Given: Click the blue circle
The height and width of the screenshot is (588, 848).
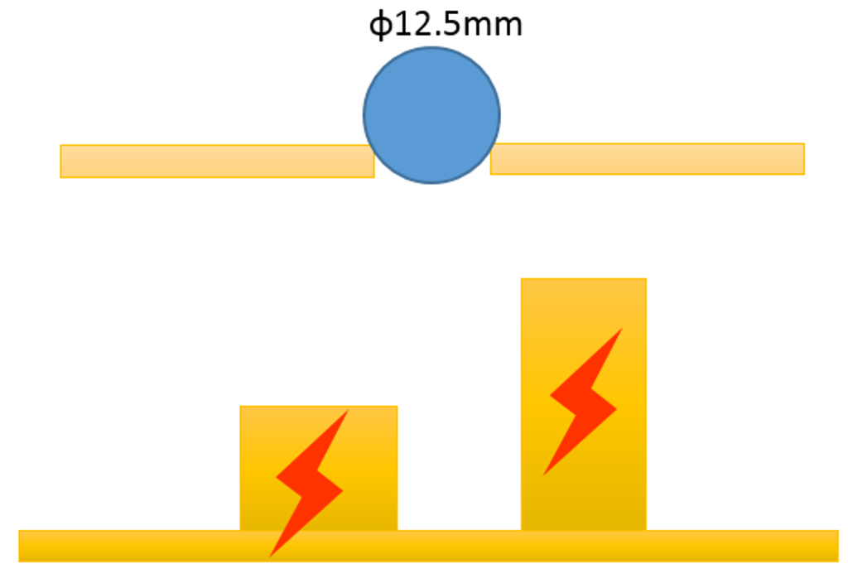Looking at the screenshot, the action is (x=431, y=115).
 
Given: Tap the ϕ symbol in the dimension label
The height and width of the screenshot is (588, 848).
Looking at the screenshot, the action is (x=380, y=26).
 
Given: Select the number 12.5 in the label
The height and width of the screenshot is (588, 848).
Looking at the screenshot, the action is (x=427, y=25).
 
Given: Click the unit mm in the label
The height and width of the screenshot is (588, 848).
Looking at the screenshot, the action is (x=492, y=27).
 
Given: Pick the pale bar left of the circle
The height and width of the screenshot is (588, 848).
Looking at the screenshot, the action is (x=217, y=161).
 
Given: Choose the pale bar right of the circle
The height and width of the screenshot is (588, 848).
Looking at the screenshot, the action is (x=648, y=159).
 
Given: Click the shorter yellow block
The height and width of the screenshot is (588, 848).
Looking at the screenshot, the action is (x=319, y=468).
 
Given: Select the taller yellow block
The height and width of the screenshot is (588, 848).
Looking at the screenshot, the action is (x=584, y=404).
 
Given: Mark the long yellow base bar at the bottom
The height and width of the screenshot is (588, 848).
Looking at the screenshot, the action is (x=428, y=546).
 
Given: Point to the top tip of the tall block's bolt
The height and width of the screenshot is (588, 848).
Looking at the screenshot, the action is (x=622, y=328).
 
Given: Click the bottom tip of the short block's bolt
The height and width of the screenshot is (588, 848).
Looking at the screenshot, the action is (x=270, y=556).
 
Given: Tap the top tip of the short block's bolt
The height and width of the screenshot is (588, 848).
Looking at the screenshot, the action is (x=349, y=411).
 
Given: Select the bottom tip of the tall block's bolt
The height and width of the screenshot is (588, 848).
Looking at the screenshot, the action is (x=543, y=475).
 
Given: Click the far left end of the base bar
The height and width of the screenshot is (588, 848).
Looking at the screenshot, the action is (x=20, y=546).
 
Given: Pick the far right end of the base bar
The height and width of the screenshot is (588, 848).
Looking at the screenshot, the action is (x=838, y=546).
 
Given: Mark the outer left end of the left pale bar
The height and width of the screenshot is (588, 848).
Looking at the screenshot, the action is (x=61, y=161).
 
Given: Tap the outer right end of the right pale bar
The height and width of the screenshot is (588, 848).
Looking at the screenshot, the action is (x=803, y=159).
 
